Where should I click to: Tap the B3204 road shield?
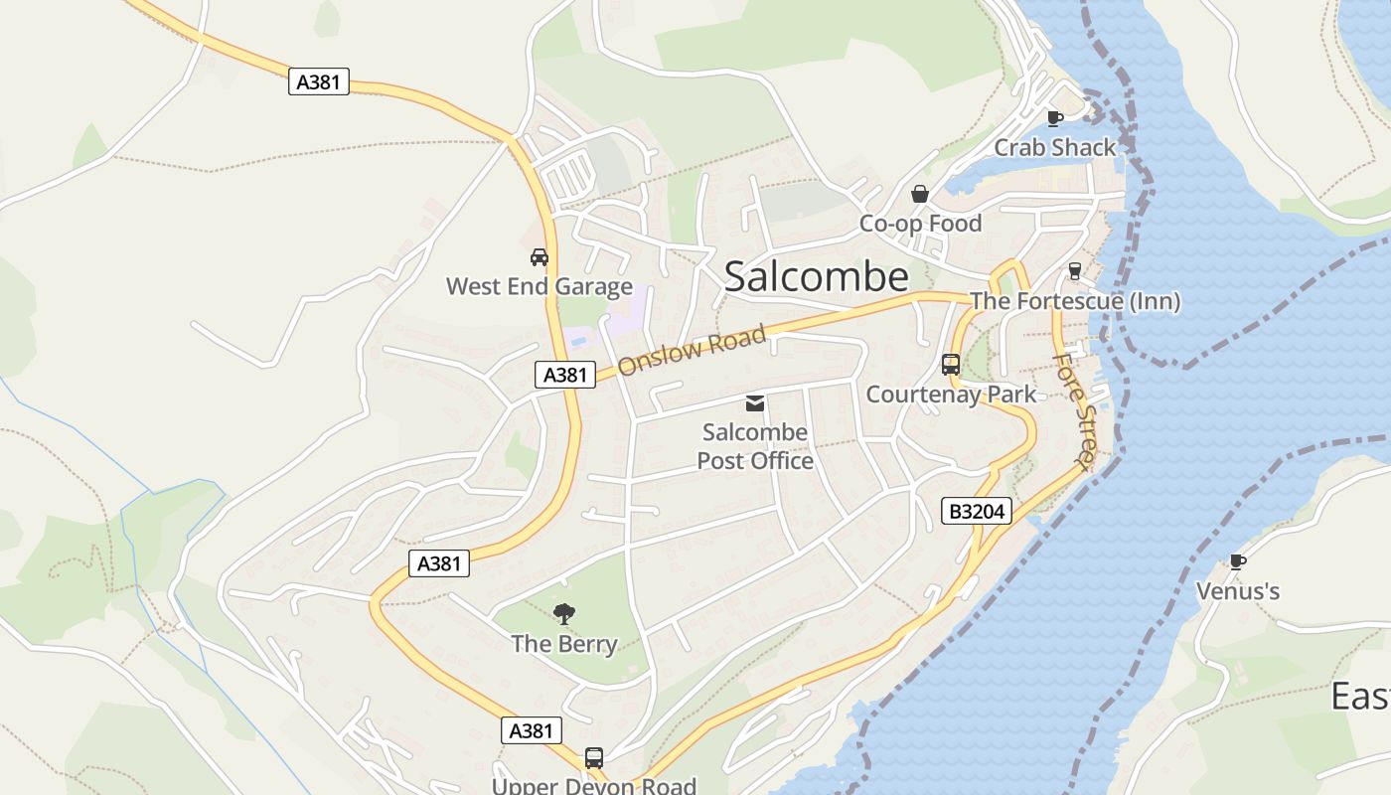tap(977, 512)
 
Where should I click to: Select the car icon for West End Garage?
tap(540, 257)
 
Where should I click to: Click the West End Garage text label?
tap(540, 287)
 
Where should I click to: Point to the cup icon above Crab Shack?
tap(1055, 119)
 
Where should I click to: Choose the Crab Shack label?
tap(1055, 148)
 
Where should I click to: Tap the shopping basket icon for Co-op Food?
tap(920, 194)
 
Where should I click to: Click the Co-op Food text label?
tap(920, 224)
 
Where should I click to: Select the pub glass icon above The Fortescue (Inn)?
tap(1074, 271)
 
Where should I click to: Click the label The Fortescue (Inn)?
tap(1074, 301)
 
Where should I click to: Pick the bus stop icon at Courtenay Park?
tap(951, 365)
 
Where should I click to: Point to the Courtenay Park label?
tap(951, 395)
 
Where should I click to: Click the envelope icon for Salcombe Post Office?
tap(755, 402)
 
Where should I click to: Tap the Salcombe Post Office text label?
tap(755, 447)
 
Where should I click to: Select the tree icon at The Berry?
tap(564, 614)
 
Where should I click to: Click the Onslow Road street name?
tap(692, 351)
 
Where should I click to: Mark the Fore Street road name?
tap(1073, 409)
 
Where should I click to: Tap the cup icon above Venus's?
tap(1238, 562)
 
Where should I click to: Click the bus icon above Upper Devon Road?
tap(594, 758)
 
